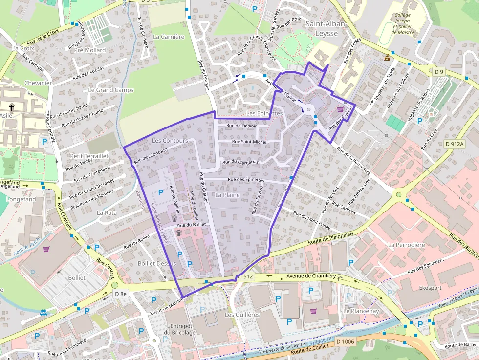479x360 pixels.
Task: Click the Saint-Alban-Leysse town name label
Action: click(326, 28)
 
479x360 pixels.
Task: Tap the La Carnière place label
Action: click(169, 37)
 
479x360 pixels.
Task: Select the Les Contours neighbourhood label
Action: click(170, 141)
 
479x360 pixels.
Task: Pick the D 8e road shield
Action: click(120, 294)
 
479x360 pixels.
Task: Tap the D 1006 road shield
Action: click(346, 341)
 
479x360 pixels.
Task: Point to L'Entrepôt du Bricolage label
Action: click(181, 329)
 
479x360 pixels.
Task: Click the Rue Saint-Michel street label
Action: click(249, 142)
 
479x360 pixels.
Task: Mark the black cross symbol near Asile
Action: click(12, 106)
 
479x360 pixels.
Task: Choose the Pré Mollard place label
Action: click(89, 50)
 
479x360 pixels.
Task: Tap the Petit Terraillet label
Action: click(89, 156)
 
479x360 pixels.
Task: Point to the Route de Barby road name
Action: click(460, 345)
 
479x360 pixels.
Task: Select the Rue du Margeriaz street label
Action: click(240, 161)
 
